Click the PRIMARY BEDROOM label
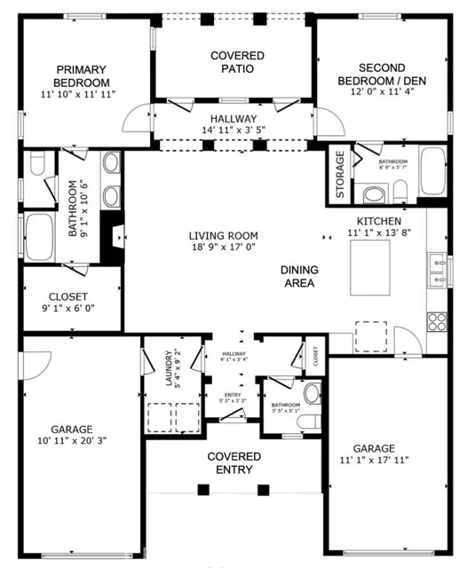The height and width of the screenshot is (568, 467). [x=81, y=70]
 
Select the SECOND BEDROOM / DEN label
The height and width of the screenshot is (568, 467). [x=381, y=73]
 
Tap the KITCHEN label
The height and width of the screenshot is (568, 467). [x=379, y=221]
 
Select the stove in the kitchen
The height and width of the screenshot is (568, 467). [x=436, y=319]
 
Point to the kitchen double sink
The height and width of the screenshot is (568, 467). [x=436, y=270]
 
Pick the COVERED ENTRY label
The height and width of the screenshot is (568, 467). [x=234, y=462]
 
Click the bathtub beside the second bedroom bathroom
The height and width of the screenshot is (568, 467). [x=434, y=172]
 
